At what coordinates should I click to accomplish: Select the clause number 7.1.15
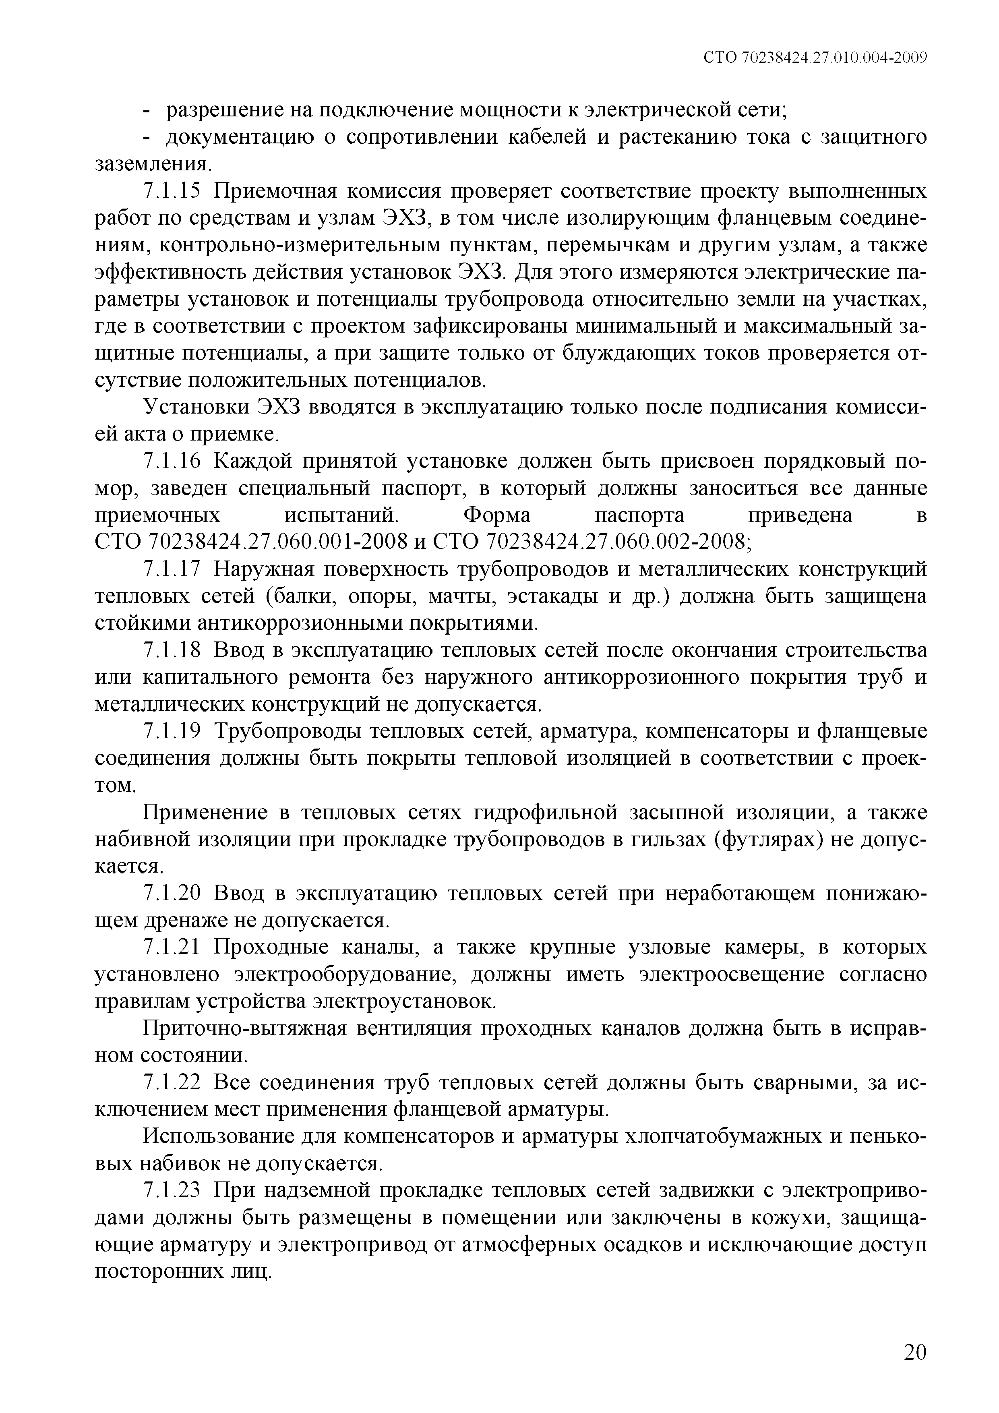[x=172, y=192]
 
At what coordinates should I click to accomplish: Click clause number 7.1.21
[x=172, y=947]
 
